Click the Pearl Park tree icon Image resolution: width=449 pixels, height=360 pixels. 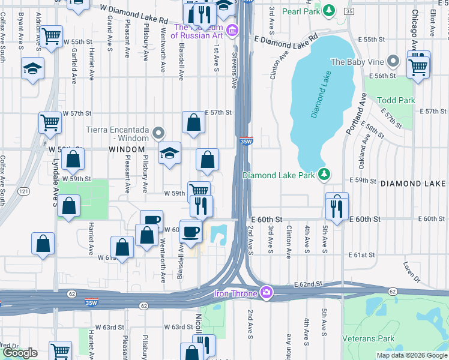pos(328,10)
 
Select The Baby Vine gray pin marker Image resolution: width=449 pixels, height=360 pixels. pos(393,61)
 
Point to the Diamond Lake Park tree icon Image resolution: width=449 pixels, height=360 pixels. pos(324,175)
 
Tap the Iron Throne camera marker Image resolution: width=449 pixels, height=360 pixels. pos(266,293)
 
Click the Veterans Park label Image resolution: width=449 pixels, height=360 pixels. pos(369,339)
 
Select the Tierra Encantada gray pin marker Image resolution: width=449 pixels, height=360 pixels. pos(158,132)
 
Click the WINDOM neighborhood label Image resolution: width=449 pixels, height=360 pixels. pos(126,149)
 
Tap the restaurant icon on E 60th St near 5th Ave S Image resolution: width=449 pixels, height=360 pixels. pos(337,204)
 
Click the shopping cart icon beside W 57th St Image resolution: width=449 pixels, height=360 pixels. pos(50,122)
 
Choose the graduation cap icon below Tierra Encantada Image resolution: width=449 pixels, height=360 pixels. pos(170,152)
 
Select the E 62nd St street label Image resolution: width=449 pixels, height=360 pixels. pos(308,284)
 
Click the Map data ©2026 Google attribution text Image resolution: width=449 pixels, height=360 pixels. pos(412,355)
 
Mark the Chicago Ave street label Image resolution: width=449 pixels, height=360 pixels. pos(414,30)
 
